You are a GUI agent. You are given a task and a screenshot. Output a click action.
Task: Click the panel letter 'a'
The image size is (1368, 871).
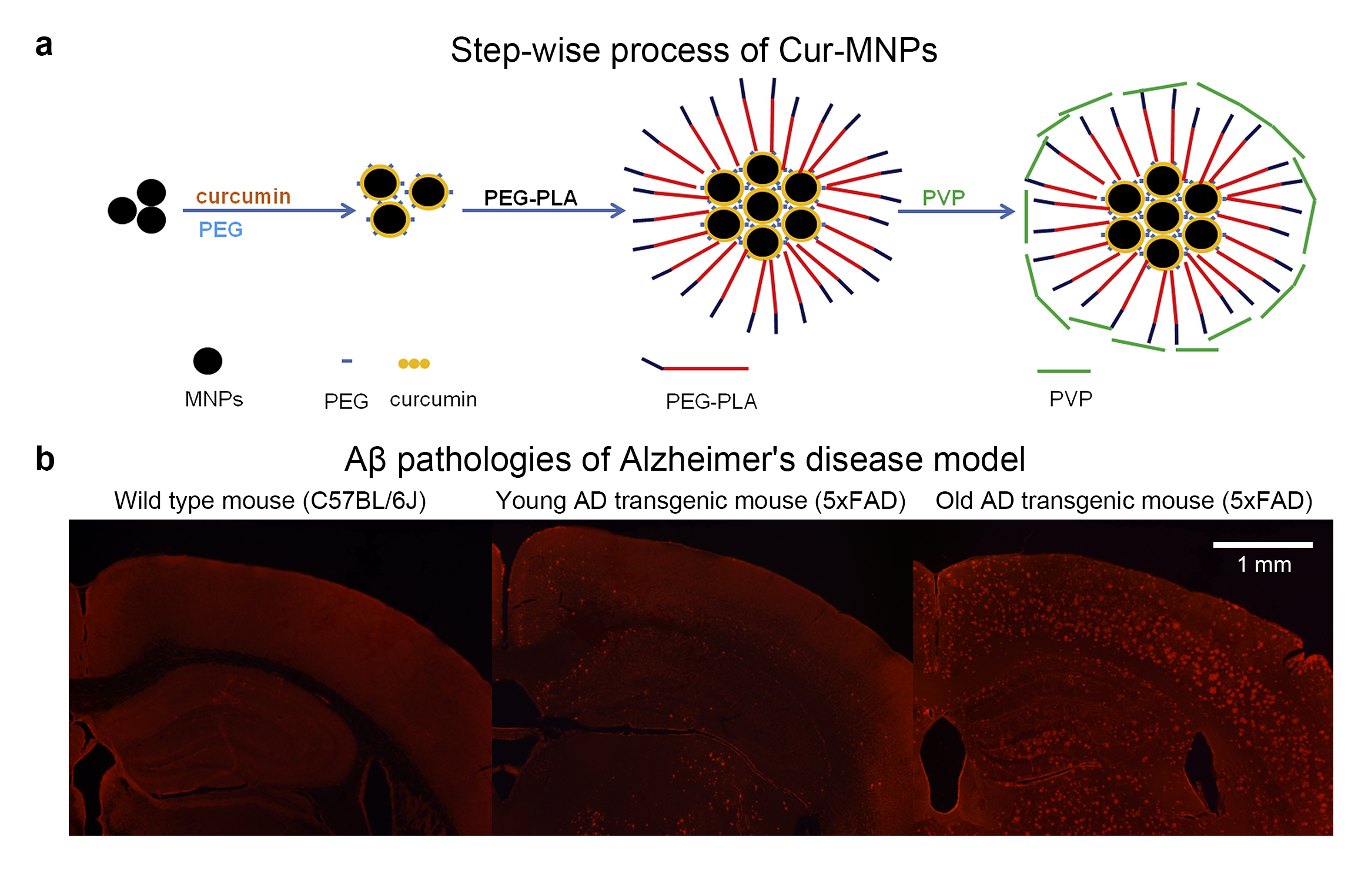tap(44, 45)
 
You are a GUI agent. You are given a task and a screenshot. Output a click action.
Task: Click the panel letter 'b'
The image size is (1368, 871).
tap(45, 459)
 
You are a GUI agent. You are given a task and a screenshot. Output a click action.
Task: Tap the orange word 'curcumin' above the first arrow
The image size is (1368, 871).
tap(243, 196)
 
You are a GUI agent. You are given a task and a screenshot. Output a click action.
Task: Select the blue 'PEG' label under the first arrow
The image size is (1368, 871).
tap(220, 229)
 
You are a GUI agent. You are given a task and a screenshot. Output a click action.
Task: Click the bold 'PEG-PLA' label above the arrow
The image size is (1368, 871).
tap(530, 198)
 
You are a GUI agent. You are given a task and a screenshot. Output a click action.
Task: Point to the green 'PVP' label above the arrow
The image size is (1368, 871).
tap(944, 197)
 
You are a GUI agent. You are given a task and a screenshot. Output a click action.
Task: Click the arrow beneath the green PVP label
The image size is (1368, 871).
tap(956, 211)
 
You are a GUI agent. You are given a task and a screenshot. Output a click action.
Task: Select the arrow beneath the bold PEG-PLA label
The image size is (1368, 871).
tap(543, 210)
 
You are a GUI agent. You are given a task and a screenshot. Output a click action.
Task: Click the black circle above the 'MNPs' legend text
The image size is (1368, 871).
tap(208, 361)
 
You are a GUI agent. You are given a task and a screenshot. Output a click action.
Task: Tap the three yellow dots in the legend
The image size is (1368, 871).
tap(414, 364)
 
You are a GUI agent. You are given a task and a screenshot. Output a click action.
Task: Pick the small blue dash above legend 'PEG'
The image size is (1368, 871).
tap(347, 361)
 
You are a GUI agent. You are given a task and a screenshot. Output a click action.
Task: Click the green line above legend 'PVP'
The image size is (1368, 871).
tap(1063, 371)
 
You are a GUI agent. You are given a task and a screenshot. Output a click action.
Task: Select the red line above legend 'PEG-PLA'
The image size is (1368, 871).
tap(705, 369)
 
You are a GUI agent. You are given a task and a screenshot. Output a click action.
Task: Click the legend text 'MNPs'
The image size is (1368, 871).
tap(214, 399)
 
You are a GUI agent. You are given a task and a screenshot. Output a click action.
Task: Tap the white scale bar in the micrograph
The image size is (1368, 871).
tap(1263, 545)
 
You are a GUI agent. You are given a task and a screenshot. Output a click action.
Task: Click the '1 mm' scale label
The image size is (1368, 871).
tap(1264, 565)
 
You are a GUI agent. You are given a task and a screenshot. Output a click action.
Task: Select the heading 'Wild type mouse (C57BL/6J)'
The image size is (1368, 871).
tap(270, 501)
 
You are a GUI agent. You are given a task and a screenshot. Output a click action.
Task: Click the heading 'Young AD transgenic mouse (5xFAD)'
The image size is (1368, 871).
tap(701, 501)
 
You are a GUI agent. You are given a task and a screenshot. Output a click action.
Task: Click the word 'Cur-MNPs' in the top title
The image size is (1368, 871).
tap(858, 50)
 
